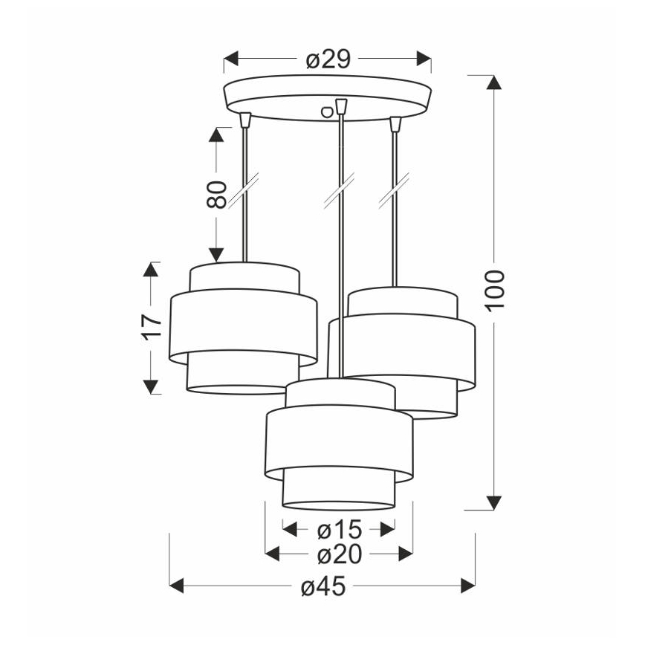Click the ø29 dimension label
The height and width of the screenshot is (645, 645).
pyautogui.click(x=328, y=59)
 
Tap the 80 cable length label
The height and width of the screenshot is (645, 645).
pyautogui.click(x=217, y=194)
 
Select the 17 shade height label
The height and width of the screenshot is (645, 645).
pyautogui.click(x=152, y=327)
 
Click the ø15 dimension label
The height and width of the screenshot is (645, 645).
pyautogui.click(x=340, y=529)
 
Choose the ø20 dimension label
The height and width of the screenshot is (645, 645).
pyautogui.click(x=340, y=554)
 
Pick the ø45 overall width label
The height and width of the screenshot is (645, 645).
pyautogui.click(x=323, y=586)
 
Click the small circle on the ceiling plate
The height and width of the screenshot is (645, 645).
pyautogui.click(x=327, y=112)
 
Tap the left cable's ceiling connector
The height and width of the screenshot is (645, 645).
pyautogui.click(x=245, y=120)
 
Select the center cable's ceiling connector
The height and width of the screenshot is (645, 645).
pyautogui.click(x=341, y=106)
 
